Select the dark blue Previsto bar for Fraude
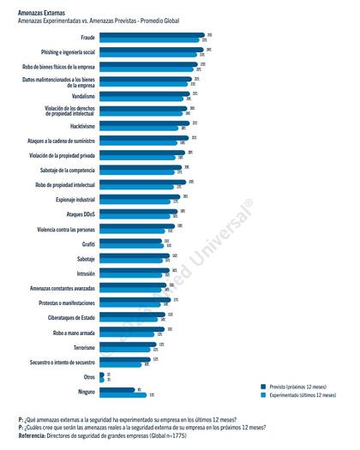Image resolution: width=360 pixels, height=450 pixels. coord(150,35)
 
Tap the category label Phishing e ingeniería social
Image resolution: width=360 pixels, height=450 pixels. coord(65,53)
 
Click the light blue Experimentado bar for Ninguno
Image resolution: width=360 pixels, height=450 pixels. coord(123,394)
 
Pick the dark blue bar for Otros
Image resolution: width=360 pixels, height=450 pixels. coord(101,374)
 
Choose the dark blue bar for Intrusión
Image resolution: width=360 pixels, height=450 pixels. coord(134,270)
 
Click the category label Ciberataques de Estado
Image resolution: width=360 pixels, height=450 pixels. coord(67,317)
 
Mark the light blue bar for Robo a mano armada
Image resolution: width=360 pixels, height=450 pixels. coord(131,334)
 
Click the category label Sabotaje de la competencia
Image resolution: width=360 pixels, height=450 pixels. coord(62,169)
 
